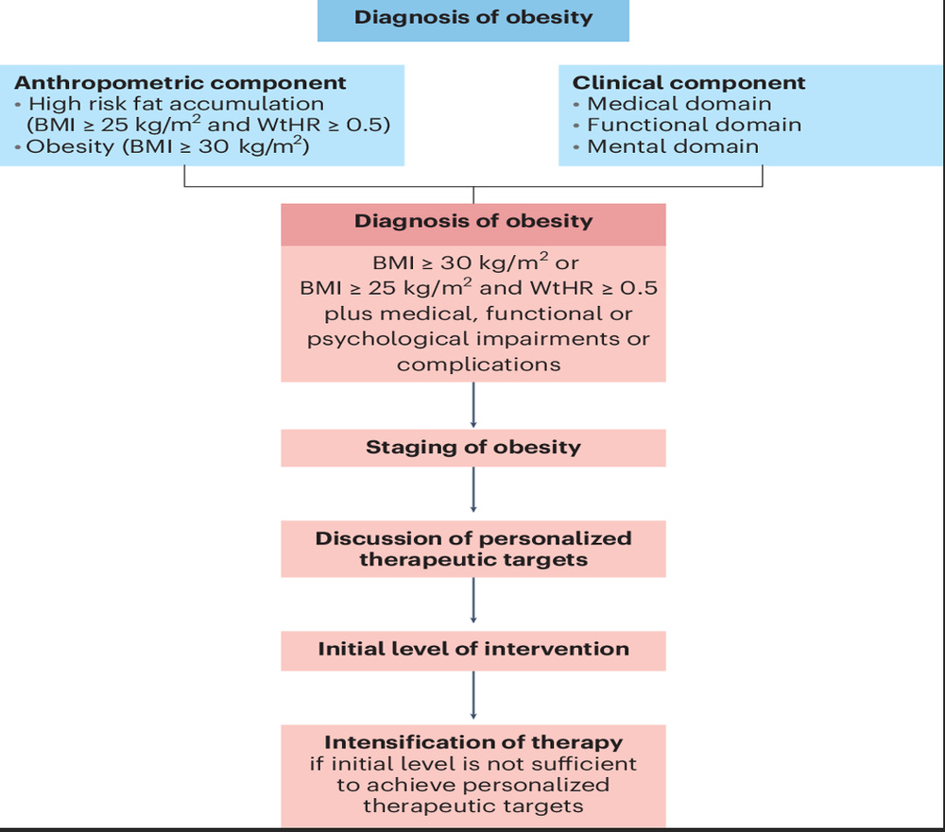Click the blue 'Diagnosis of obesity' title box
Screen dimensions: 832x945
pyautogui.click(x=472, y=18)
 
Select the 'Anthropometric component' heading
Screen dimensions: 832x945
pyautogui.click(x=180, y=82)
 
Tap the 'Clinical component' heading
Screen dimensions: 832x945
pyautogui.click(x=689, y=82)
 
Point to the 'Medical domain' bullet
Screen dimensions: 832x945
pyautogui.click(x=679, y=104)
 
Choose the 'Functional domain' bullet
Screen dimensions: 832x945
pyautogui.click(x=694, y=125)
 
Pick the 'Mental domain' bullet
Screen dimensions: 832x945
pyautogui.click(x=672, y=146)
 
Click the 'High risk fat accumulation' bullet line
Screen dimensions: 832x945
pyautogui.click(x=176, y=104)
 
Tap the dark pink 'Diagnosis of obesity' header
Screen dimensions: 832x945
pyautogui.click(x=473, y=222)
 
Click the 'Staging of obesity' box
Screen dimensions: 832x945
pyautogui.click(x=473, y=448)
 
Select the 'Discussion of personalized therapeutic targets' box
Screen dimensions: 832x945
pyautogui.click(x=473, y=549)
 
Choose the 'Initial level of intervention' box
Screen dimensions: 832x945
pyautogui.click(x=473, y=650)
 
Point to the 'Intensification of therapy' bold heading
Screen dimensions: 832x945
pyautogui.click(x=473, y=741)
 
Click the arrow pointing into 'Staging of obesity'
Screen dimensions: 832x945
pyautogui.click(x=473, y=406)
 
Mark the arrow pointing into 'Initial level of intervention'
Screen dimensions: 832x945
pyautogui.click(x=473, y=605)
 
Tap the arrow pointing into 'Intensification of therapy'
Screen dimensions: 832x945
pyautogui.click(x=473, y=698)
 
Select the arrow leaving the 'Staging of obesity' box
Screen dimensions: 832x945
pyautogui.click(x=473, y=492)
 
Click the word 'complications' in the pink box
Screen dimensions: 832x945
pyautogui.click(x=478, y=365)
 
